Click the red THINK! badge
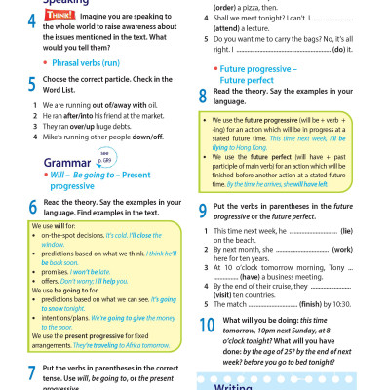[56, 18]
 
